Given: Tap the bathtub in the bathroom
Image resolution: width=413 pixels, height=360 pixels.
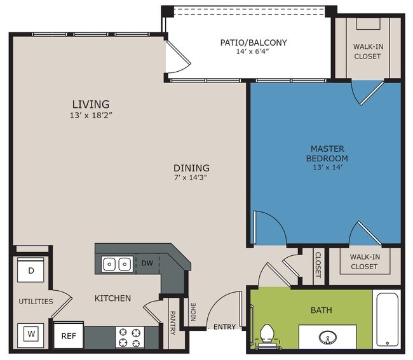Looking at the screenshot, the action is (x=387, y=319).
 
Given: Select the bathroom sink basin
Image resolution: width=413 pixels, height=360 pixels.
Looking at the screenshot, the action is (x=327, y=337).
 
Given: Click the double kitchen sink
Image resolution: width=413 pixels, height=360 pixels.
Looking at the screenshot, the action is (x=117, y=263).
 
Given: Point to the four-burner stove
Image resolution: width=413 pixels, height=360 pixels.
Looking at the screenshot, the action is (x=130, y=338).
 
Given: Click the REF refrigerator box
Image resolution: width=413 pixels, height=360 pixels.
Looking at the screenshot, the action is (x=69, y=335).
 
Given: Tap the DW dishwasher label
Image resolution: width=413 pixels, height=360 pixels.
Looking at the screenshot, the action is (x=147, y=263).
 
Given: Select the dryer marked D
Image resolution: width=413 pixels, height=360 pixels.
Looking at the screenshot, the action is (x=30, y=270).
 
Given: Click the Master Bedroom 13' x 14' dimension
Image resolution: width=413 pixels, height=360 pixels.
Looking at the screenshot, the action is (x=327, y=167).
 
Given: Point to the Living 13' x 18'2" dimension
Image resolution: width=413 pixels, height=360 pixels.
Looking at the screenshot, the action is (x=91, y=115).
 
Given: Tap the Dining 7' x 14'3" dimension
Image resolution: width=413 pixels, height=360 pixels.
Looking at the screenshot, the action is (x=190, y=177).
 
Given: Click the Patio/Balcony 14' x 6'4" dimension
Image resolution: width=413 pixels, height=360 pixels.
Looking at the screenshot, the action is (x=252, y=51).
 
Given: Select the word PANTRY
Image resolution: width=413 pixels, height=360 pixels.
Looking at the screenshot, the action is (x=173, y=323).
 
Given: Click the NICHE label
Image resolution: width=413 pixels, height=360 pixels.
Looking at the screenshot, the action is (x=194, y=312).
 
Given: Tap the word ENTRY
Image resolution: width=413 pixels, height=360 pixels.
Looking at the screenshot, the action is (x=224, y=327).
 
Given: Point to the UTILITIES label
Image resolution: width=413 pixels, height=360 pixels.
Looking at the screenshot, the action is (x=36, y=302).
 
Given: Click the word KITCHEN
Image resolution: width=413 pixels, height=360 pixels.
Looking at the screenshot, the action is (x=112, y=298).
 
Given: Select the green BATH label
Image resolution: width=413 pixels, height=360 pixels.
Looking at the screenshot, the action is (x=321, y=310).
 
